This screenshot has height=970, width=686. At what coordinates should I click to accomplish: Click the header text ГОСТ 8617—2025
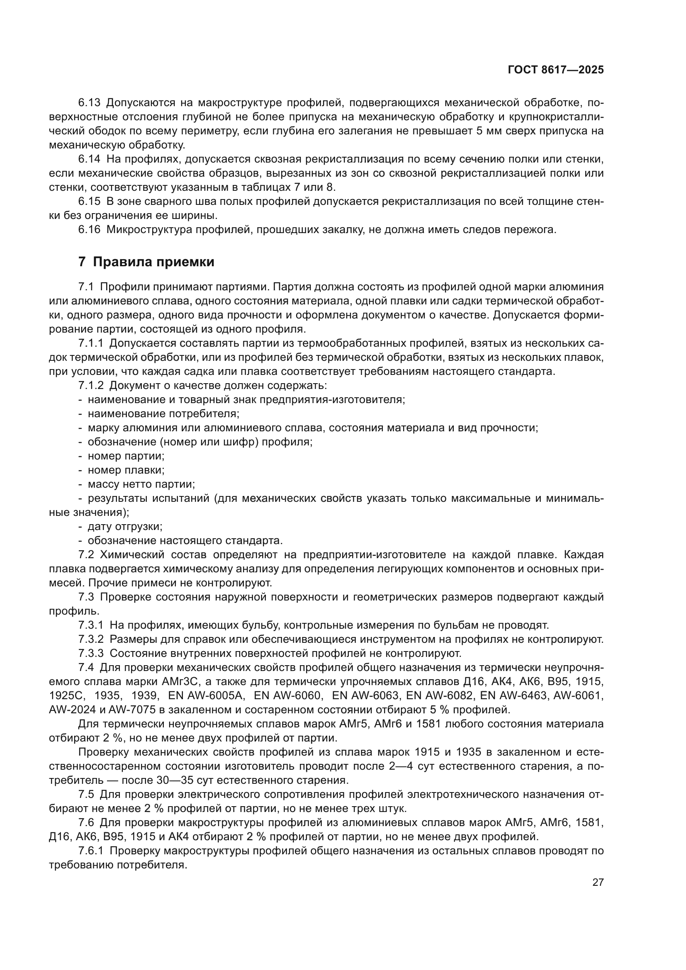click(555, 70)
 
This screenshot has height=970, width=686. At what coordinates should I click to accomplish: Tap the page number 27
click(598, 882)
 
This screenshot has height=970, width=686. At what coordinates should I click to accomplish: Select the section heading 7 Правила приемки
click(146, 262)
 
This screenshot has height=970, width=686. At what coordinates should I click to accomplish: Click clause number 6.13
click(89, 103)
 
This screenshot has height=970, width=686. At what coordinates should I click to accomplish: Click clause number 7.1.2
click(91, 385)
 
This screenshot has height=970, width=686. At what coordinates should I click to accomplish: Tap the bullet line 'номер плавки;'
click(126, 470)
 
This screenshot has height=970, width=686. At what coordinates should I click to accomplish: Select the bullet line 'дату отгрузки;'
click(125, 526)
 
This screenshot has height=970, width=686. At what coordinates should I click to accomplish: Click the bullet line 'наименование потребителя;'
click(163, 413)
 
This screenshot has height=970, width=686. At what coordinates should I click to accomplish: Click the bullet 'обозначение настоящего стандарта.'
click(185, 540)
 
